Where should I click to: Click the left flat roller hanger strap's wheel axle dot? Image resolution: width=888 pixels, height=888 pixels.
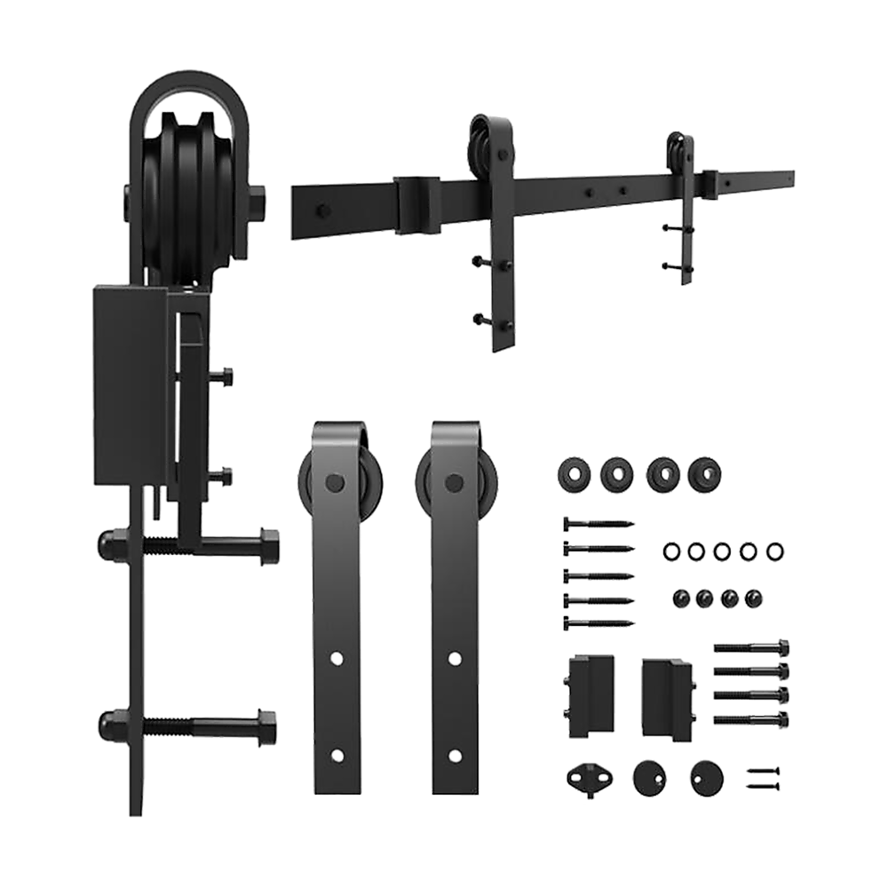pos(336,482)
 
